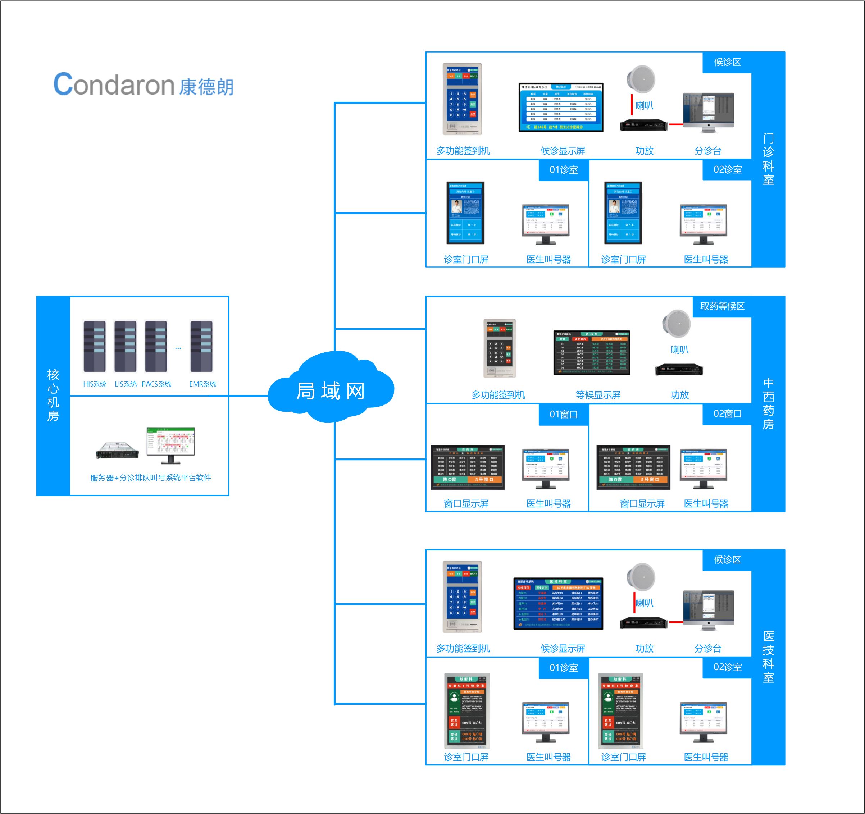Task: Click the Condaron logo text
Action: click(x=144, y=84)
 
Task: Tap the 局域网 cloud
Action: click(x=331, y=389)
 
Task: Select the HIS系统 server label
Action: click(x=95, y=384)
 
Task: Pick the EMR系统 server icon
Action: click(x=201, y=346)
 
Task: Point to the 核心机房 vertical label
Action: click(x=53, y=395)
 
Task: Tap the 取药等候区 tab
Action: click(x=722, y=306)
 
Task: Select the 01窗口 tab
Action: click(x=564, y=414)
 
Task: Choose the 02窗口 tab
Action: click(x=727, y=414)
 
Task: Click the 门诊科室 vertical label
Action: click(x=768, y=159)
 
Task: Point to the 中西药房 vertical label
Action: click(x=768, y=404)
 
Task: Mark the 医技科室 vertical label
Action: click(x=768, y=657)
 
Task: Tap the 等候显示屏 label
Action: click(x=598, y=395)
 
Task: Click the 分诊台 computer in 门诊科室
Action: click(x=708, y=113)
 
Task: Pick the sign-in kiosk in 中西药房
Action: click(x=500, y=348)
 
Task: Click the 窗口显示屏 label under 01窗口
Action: click(x=466, y=504)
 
